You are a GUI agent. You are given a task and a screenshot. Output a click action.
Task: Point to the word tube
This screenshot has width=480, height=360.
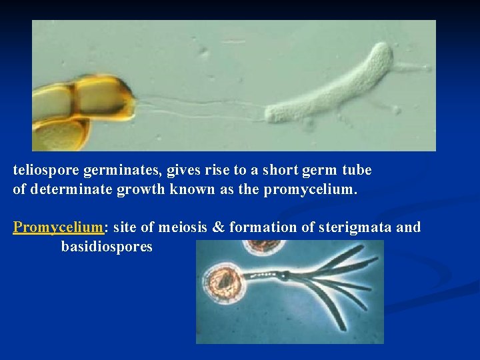tap(357, 171)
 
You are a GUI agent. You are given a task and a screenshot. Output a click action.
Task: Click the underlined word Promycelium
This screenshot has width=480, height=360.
tap(59, 227)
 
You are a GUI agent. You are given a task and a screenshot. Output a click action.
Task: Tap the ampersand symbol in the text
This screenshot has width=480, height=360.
tap(218, 227)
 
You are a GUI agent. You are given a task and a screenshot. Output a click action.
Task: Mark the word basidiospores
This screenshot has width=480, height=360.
tap(107, 247)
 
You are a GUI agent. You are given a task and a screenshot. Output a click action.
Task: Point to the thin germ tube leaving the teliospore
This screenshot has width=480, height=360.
tap(200, 105)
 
